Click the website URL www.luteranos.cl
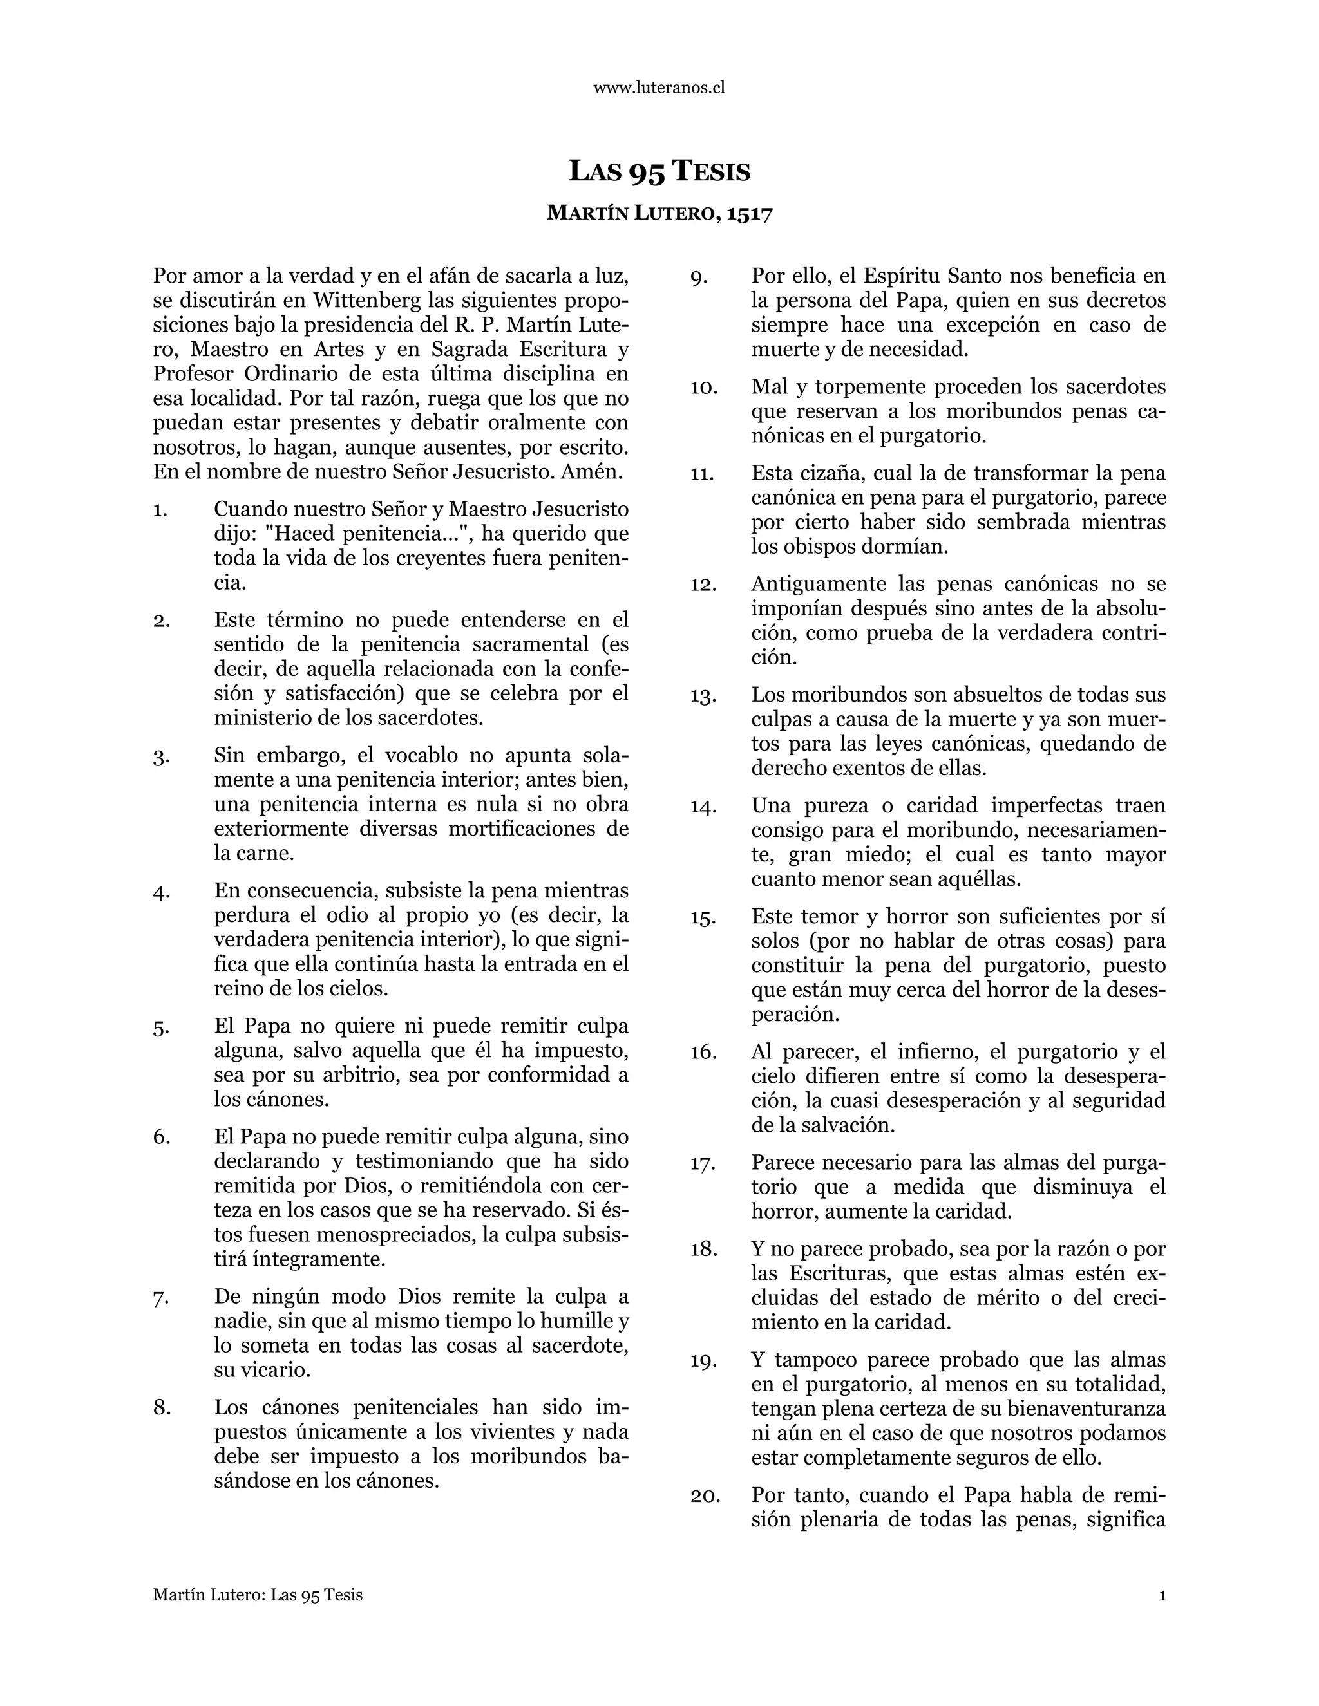659,88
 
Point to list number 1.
160,510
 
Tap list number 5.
160,1027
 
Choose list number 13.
703,695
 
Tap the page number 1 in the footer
1162,1595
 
